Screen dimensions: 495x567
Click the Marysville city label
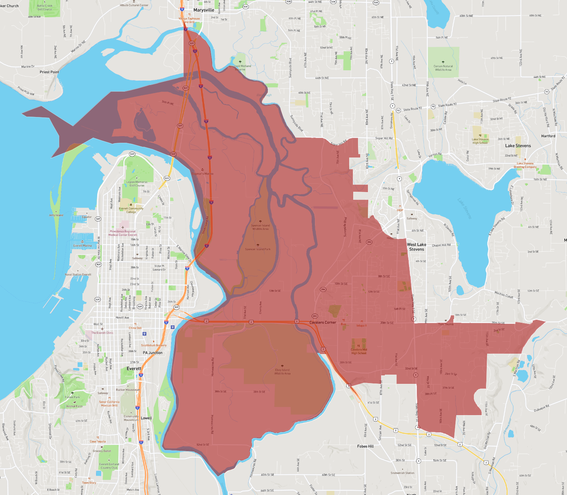coord(204,10)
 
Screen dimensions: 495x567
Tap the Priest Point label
coord(49,72)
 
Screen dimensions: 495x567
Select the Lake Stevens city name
coord(518,146)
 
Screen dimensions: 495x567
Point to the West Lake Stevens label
coord(417,247)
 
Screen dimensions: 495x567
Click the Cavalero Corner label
coord(323,322)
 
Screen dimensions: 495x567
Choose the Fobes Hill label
coord(365,446)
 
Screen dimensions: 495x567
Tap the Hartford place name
coord(548,136)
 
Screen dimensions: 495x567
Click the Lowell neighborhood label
coord(146,418)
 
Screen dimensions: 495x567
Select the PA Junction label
coord(153,353)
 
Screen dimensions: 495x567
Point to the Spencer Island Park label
coord(258,249)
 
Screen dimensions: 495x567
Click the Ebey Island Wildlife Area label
coord(282,372)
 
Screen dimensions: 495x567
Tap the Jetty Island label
coord(56,215)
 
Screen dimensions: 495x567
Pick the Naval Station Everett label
coord(78,275)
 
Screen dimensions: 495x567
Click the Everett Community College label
coord(131,210)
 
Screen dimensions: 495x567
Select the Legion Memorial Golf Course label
coord(137,184)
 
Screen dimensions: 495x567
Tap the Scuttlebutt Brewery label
coord(154,345)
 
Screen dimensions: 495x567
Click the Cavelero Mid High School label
coord(359,351)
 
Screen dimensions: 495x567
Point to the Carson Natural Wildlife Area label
coord(443,68)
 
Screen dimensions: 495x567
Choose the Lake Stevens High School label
coord(480,141)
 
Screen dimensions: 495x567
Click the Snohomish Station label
coord(402,473)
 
